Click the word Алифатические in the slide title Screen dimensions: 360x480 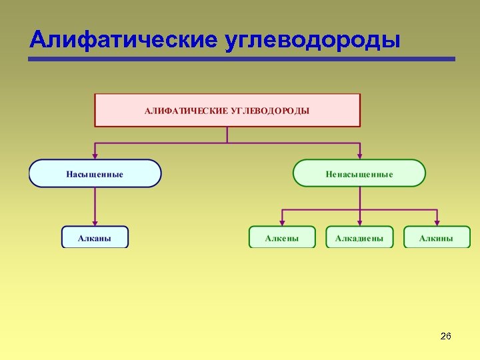(x=123, y=40)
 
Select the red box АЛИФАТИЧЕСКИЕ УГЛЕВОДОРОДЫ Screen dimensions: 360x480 (x=227, y=110)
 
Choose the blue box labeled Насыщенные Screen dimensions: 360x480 (x=95, y=173)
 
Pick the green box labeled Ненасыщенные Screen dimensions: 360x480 (x=359, y=173)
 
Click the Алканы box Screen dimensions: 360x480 (x=95, y=237)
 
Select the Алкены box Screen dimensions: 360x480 (x=282, y=237)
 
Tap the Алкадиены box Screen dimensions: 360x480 (x=359, y=237)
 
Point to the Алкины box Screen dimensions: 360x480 (x=437, y=237)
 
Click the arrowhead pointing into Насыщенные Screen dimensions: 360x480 (x=95, y=156)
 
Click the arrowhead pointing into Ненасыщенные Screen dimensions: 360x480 (x=359, y=156)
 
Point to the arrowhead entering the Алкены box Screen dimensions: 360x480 (x=282, y=223)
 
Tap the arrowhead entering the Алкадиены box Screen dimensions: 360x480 (x=359, y=223)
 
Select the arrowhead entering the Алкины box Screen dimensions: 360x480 (x=437, y=223)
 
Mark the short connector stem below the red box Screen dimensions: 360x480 (x=227, y=135)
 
